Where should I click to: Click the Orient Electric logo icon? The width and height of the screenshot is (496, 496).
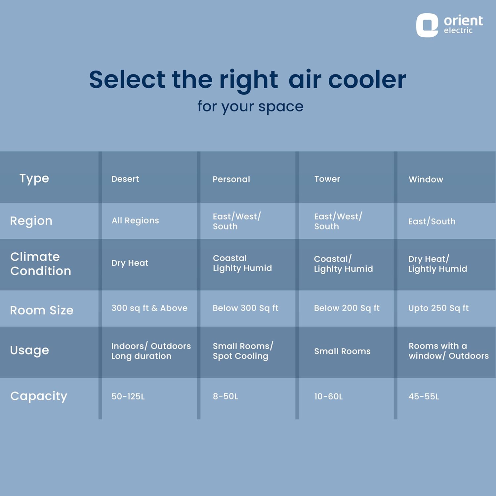(427, 25)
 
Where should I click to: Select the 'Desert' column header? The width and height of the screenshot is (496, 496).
(125, 179)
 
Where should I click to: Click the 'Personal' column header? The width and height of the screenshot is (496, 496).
(231, 179)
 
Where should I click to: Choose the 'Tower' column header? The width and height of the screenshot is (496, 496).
(327, 179)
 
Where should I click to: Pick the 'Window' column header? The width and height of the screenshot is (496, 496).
(426, 179)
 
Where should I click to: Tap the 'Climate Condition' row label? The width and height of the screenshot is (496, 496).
(41, 264)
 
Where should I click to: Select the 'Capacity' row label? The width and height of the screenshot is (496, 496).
(39, 396)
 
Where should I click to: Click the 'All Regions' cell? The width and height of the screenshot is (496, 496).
(135, 221)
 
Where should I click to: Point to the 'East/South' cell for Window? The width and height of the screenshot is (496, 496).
(432, 221)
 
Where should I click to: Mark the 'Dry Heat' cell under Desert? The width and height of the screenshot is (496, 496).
(130, 263)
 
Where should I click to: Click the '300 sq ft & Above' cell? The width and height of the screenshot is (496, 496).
(149, 308)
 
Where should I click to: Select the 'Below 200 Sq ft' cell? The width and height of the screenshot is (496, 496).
(347, 308)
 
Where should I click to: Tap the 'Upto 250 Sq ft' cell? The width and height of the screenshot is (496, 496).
(438, 308)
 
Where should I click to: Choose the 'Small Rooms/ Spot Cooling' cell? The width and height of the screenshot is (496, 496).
(243, 351)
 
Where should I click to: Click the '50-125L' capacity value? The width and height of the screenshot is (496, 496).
(128, 396)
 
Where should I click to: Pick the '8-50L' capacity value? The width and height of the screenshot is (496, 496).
(226, 396)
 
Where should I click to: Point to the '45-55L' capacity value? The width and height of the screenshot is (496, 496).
(424, 396)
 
